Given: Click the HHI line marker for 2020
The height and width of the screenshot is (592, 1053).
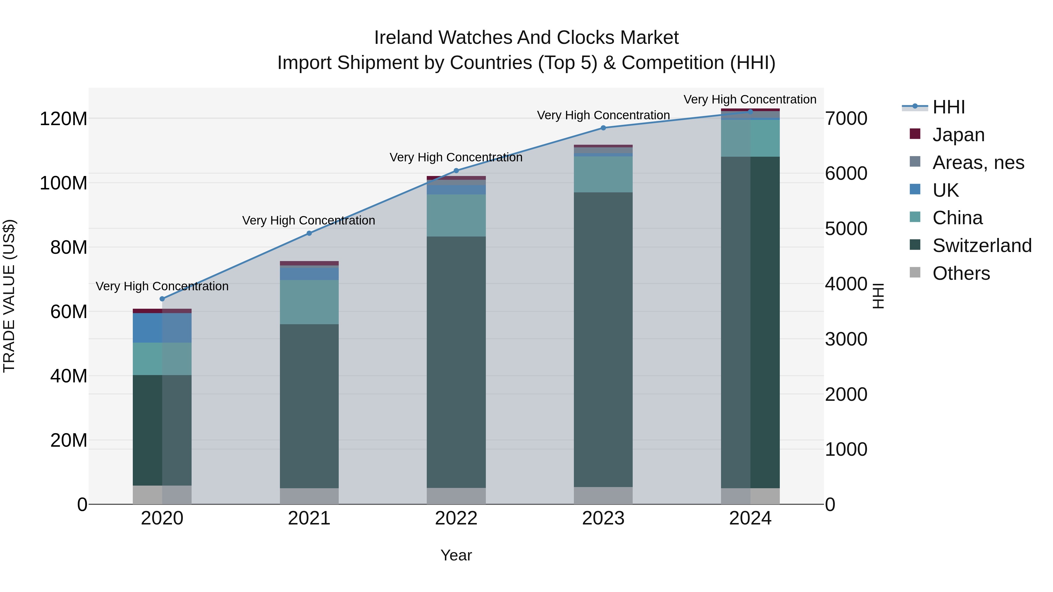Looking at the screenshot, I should coord(162,299).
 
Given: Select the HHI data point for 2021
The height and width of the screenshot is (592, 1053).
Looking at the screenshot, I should coord(309,233).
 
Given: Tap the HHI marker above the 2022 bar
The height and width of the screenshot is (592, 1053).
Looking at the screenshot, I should coord(456,171).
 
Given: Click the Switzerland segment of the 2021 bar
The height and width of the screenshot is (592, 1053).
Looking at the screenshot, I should coord(309,406).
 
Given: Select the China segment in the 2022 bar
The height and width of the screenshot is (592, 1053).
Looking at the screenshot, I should coord(456,215).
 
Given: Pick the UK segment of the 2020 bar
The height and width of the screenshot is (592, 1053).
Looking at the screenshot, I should coord(162,328).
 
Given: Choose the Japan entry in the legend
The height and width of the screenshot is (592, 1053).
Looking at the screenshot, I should coord(958,135).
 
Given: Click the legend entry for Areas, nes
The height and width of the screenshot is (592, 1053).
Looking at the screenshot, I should coord(978,163).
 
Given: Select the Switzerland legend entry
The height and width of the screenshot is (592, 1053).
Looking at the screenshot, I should coord(981,246).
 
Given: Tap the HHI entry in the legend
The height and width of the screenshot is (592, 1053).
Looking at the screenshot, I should coord(948,107).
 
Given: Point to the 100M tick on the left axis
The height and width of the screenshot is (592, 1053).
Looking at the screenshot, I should coord(63,183).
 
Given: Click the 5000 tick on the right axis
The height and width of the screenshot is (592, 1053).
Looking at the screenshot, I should coord(846,229).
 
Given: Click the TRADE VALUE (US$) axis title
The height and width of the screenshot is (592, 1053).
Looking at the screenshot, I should coord(9,296).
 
